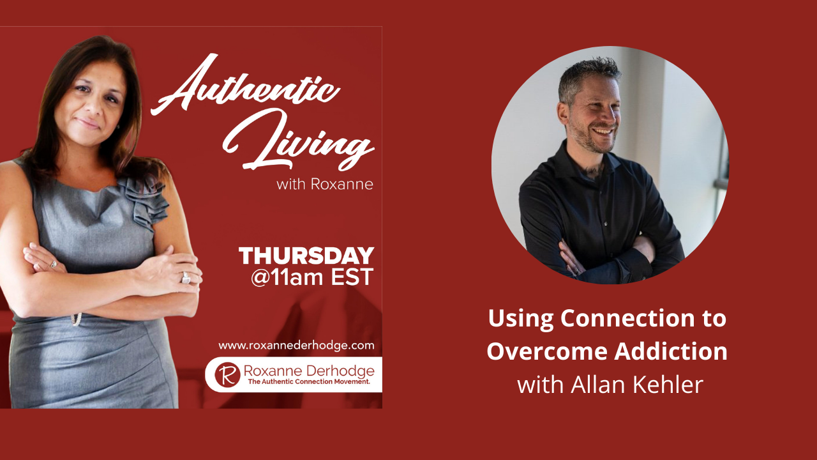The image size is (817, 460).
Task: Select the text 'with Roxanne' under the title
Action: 324,185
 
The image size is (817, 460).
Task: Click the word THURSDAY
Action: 306,256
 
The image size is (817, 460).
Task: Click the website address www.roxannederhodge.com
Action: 296,346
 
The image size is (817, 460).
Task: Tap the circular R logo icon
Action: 227,374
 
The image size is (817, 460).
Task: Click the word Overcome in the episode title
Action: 543,351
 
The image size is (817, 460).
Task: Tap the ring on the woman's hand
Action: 186,277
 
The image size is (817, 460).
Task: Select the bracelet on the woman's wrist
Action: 77,318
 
